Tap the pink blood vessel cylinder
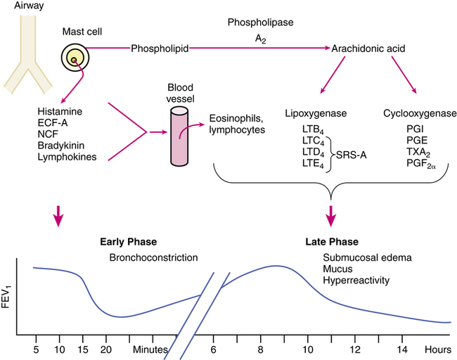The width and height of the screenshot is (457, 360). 181,138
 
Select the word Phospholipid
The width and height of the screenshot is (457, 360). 158,49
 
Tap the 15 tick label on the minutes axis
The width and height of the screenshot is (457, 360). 83,349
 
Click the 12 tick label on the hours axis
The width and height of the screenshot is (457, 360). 356,349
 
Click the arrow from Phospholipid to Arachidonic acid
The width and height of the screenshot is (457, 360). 260,49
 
